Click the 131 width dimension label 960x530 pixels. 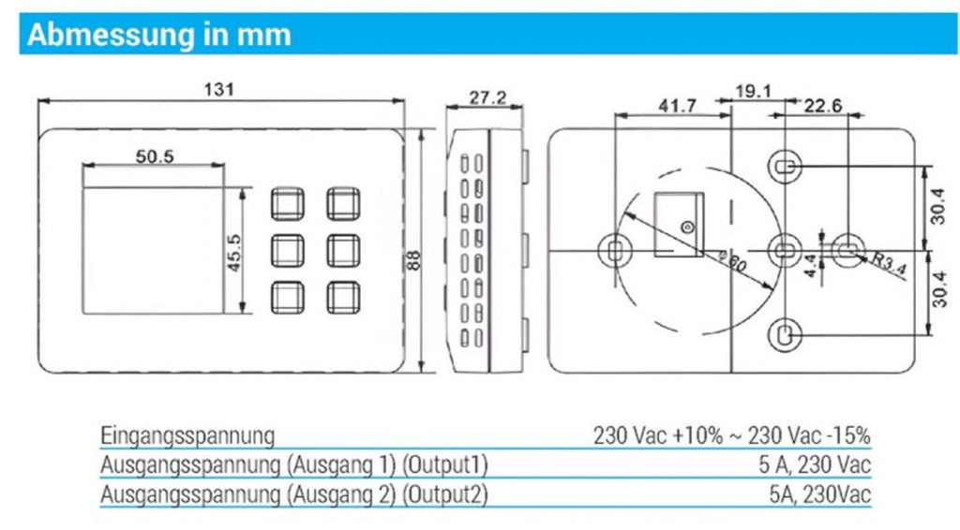coord(218,89)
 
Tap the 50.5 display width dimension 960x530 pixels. coord(155,156)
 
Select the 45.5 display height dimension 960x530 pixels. coord(233,253)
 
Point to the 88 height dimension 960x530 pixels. coord(412,260)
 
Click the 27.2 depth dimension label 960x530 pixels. coord(487,97)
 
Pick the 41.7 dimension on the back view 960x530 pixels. coord(677,106)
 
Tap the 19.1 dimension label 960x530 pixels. coord(753,91)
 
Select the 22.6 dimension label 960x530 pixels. coord(823,106)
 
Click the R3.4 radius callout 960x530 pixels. coord(889,263)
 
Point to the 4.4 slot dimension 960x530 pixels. coord(810,266)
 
